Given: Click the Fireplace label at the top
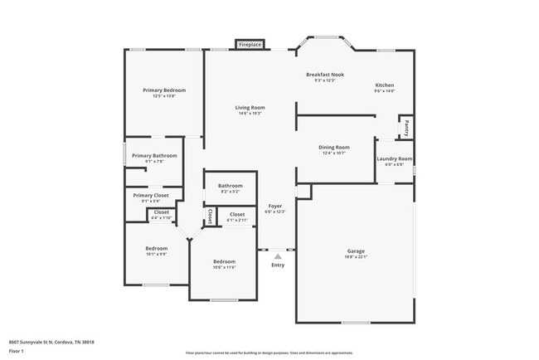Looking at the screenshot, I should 250,44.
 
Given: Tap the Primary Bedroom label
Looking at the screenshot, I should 163,90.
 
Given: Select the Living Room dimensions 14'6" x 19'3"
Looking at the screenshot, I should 250,114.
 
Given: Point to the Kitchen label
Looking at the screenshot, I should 384,85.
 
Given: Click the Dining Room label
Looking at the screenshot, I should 334,147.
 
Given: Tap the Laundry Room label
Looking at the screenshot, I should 394,158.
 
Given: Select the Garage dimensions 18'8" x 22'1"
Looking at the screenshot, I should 356,256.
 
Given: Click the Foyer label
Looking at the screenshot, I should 274,205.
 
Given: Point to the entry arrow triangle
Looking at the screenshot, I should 278,256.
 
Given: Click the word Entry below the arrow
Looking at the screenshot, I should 278,265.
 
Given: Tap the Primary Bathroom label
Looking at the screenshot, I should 154,155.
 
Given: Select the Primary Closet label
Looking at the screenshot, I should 150,195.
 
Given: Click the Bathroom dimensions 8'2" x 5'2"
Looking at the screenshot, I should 231,192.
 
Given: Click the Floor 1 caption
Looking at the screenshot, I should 17,351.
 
